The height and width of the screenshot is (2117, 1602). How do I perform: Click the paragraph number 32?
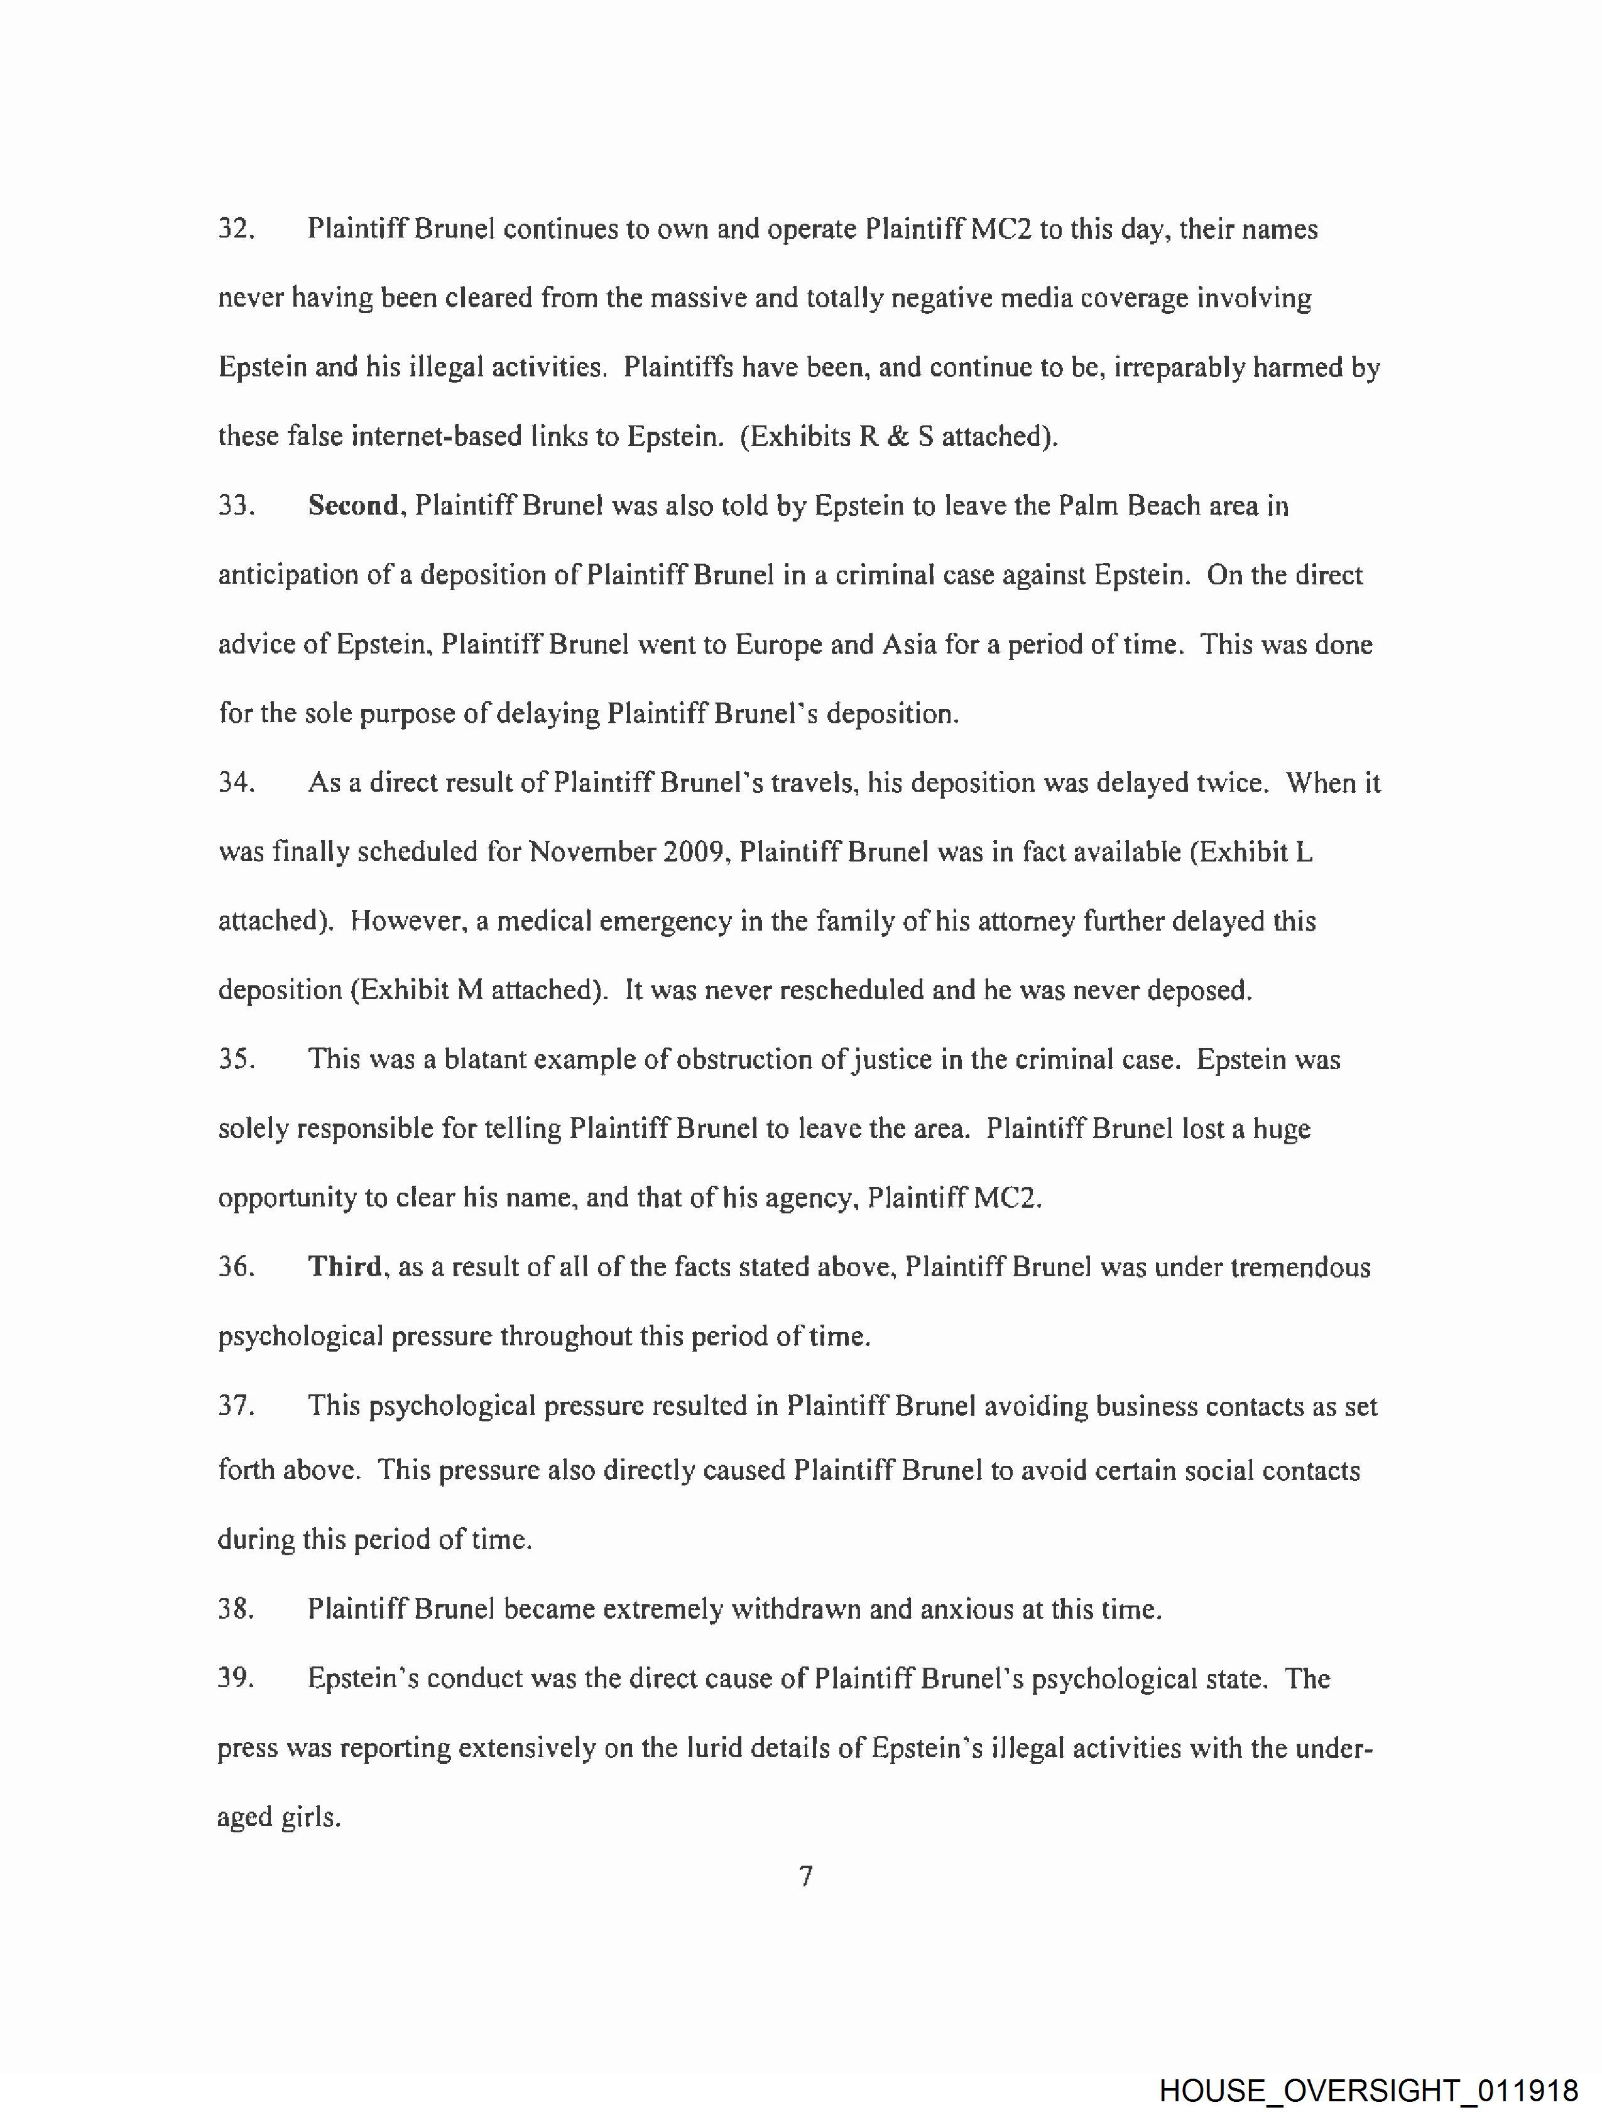pyautogui.click(x=236, y=230)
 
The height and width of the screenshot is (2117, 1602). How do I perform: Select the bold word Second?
pyautogui.click(x=353, y=505)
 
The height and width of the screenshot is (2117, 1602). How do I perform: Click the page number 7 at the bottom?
pyautogui.click(x=806, y=1877)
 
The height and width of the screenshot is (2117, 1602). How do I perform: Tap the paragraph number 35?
pyautogui.click(x=236, y=1059)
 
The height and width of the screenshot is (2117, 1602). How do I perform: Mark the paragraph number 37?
pyautogui.click(x=236, y=1406)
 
